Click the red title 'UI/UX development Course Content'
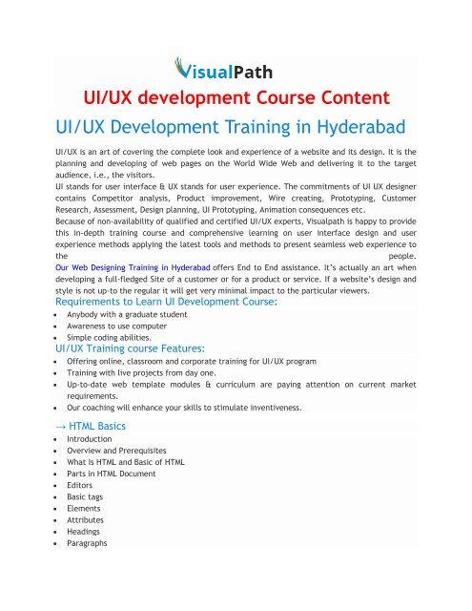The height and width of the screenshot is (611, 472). [235, 100]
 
